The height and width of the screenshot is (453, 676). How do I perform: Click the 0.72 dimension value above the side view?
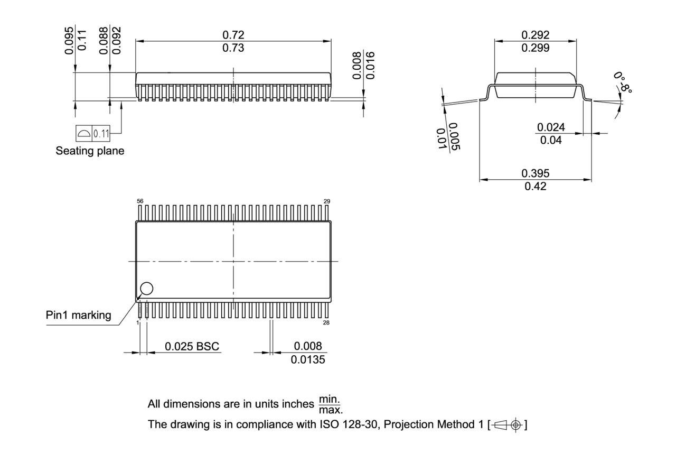[233, 35]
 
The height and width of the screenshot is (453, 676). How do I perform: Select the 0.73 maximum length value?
[233, 48]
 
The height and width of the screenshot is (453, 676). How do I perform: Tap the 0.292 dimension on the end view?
[535, 35]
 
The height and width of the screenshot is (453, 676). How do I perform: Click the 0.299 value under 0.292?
[535, 48]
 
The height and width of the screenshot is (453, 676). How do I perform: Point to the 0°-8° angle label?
[623, 82]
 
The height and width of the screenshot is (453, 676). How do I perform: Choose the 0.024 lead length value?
[551, 127]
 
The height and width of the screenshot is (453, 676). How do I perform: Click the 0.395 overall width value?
[535, 173]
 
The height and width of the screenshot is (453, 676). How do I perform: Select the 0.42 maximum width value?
[535, 187]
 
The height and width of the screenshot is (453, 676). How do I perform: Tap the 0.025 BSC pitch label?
[192, 347]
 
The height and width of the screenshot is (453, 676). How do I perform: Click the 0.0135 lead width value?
[308, 360]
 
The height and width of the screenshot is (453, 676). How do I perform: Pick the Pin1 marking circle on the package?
[146, 288]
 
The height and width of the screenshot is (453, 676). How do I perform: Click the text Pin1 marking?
[78, 316]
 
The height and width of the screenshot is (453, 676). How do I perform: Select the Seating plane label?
[90, 151]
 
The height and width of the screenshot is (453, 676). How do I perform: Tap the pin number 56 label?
[140, 201]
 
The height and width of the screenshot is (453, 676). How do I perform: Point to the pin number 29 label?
[327, 201]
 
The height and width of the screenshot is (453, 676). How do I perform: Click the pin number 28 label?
[326, 322]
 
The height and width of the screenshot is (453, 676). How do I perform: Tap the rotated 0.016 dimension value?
[370, 65]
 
